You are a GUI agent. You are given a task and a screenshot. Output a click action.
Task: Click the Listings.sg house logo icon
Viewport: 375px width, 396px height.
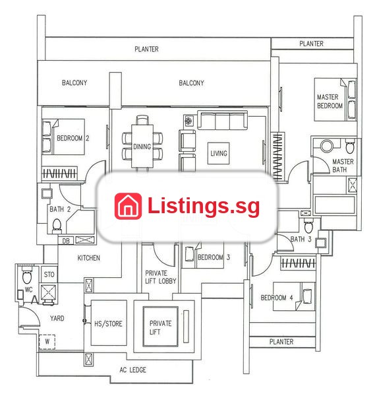tap(128, 206)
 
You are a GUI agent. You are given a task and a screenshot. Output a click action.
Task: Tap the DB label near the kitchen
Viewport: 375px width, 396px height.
tap(66, 241)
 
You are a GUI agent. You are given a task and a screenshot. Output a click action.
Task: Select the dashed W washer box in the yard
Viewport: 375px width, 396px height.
tap(47, 342)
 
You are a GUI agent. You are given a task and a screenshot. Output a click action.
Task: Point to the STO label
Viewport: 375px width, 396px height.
tap(49, 275)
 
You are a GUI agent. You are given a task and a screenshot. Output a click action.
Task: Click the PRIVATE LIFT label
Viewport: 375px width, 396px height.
tap(160, 327)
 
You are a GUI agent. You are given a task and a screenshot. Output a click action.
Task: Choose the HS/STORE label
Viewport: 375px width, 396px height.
tap(108, 324)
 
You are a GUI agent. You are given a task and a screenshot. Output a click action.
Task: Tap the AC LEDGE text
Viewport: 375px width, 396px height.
tap(132, 370)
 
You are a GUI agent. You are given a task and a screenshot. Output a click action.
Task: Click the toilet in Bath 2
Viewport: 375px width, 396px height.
tap(57, 226)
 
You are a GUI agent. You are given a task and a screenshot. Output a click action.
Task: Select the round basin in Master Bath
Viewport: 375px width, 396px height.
tap(327, 146)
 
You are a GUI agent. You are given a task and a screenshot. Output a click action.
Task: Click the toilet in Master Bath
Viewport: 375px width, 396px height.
tap(350, 146)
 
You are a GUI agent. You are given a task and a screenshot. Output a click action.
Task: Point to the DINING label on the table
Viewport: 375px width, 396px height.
tap(142, 147)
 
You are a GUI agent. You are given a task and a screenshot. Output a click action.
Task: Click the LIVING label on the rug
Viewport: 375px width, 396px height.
tap(219, 153)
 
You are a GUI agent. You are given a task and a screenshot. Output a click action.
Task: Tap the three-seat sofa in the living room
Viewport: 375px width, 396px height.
tap(222, 121)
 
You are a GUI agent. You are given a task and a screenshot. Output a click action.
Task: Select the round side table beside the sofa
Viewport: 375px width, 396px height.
tap(188, 121)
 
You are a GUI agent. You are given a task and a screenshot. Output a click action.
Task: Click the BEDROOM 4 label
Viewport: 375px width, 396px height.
tap(277, 298)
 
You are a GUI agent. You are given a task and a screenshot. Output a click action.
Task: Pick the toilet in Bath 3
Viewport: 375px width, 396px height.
tap(308, 226)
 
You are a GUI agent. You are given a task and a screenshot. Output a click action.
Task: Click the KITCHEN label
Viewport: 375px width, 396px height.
tap(88, 258)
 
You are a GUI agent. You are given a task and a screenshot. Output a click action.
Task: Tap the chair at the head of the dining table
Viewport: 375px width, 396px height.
tap(142, 119)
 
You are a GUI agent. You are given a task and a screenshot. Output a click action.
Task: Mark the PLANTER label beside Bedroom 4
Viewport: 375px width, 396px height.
tap(281, 342)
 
